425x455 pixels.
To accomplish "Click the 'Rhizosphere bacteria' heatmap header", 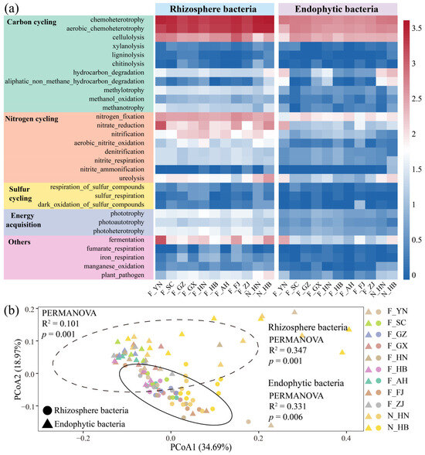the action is [213, 9].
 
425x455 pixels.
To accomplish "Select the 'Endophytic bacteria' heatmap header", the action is [336, 9].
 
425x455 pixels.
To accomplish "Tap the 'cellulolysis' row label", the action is [128, 37].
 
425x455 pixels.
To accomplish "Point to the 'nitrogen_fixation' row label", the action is [120, 116].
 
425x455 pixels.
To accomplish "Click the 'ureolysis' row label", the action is [131, 178].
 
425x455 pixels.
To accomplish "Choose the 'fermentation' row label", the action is [126, 240].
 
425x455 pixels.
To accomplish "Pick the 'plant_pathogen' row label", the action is [123, 275].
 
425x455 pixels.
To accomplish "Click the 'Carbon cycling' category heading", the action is [32, 22].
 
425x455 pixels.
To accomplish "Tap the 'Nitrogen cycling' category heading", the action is [32, 119].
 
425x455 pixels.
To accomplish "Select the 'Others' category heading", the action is [19, 241].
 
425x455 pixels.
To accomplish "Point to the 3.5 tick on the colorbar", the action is [416, 28].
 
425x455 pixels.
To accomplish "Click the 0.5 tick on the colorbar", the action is [416, 240].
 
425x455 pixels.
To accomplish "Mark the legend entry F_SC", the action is [396, 323].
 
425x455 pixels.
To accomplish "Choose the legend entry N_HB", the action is [398, 427].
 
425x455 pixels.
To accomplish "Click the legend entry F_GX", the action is [397, 346].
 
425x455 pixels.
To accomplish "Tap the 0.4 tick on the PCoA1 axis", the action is [346, 438].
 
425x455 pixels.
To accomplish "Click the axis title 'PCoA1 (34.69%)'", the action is [201, 447].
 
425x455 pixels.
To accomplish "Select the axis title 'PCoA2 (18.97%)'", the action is [19, 369].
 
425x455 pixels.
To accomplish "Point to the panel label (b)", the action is [12, 310].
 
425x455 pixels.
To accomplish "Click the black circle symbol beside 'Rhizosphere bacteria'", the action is [47, 411].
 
